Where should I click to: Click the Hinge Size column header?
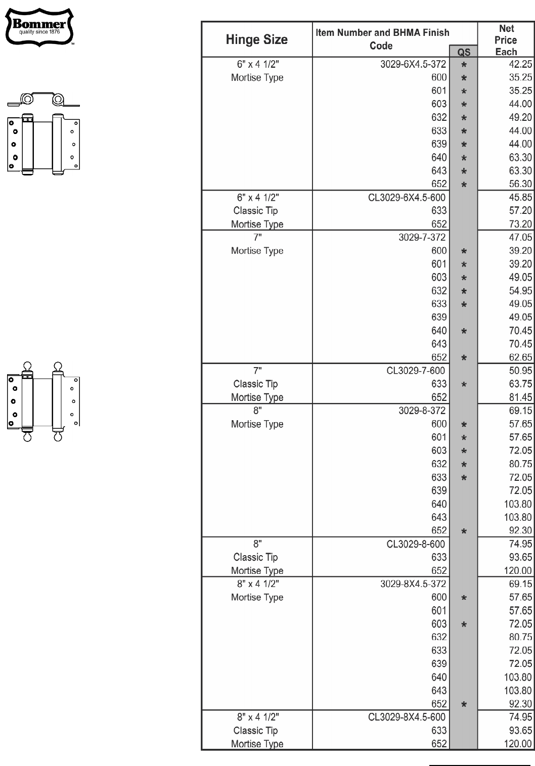click(257, 39)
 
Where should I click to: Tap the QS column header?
click(463, 52)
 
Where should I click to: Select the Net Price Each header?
click(506, 40)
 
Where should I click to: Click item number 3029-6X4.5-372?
click(413, 64)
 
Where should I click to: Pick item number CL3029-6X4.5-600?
click(407, 197)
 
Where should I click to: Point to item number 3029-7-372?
click(422, 237)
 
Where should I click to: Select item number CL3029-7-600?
click(416, 371)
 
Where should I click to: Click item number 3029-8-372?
click(422, 411)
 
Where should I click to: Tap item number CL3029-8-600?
click(416, 544)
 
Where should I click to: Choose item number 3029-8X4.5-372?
click(413, 583)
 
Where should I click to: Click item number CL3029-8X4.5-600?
click(407, 716)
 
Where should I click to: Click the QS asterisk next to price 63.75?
click(464, 384)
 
